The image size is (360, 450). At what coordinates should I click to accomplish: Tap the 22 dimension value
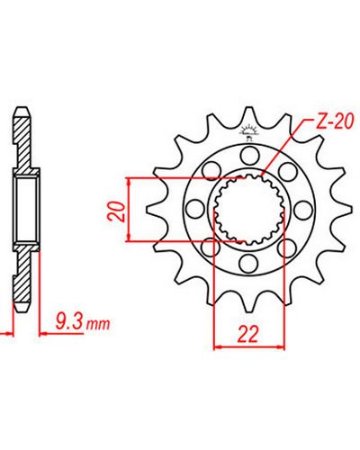click(247, 334)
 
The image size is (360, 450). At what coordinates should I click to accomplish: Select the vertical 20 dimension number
click(117, 211)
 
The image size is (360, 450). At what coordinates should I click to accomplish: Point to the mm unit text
click(98, 325)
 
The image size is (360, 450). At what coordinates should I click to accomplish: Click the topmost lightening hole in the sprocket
click(249, 156)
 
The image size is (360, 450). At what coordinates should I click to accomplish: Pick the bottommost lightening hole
click(249, 263)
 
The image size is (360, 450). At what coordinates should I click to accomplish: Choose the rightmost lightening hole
click(303, 210)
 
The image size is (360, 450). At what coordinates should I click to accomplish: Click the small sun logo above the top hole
click(248, 133)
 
